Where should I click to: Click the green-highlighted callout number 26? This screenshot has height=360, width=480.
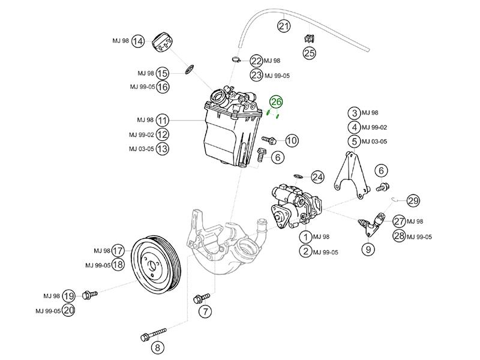[275, 101]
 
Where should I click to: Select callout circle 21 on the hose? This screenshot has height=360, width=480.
[283, 26]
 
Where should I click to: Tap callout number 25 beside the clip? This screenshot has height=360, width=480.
[309, 53]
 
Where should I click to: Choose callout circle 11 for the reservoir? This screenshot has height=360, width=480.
[163, 120]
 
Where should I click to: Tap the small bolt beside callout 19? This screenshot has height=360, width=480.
[90, 295]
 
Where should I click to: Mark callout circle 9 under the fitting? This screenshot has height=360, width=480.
[367, 247]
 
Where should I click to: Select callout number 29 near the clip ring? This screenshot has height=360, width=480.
[413, 200]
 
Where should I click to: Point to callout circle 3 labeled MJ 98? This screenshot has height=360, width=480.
[355, 113]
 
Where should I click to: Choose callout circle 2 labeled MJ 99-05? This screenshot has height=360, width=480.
[307, 251]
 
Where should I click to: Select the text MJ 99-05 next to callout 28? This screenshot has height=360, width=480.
[419, 237]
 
